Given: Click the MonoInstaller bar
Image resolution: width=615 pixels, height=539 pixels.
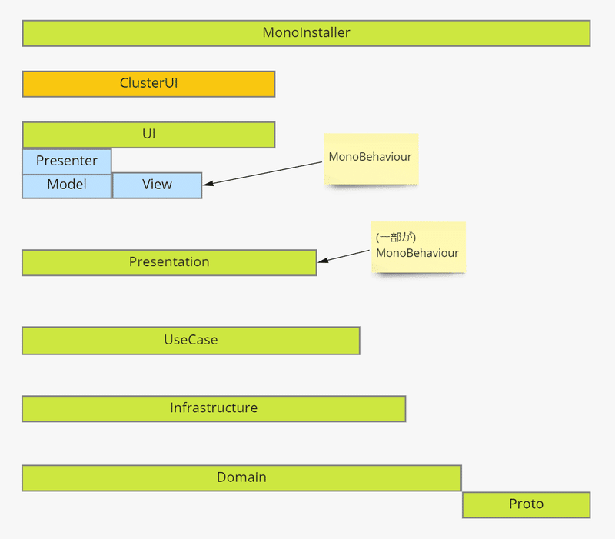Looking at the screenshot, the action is (x=306, y=33).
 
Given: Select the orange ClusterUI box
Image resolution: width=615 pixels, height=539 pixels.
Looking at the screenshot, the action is (x=148, y=84).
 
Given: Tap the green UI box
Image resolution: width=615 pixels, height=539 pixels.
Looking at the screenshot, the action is (x=148, y=135).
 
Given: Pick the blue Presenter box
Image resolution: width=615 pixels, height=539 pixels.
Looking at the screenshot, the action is (x=67, y=161).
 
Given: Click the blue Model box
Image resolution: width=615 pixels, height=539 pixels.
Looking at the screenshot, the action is (x=67, y=186).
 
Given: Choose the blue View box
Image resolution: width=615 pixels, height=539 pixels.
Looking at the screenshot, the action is (x=158, y=185).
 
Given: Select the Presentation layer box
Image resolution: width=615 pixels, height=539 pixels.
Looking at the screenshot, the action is (x=169, y=262).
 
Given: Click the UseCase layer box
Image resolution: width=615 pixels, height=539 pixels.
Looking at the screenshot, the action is (x=191, y=341).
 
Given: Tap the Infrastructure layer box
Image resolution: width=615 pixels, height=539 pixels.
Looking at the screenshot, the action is (x=214, y=409).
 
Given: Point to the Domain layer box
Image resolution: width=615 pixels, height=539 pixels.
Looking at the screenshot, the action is (x=241, y=477).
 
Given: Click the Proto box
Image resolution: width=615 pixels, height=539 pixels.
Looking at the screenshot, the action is (x=527, y=505).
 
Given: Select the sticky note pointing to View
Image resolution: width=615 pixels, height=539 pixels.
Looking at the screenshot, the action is (x=371, y=159).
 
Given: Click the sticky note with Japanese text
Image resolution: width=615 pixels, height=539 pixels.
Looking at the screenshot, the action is (x=418, y=247).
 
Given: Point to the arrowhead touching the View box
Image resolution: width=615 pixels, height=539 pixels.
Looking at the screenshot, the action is (x=208, y=183).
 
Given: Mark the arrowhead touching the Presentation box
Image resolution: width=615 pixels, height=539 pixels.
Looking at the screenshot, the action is (x=323, y=260).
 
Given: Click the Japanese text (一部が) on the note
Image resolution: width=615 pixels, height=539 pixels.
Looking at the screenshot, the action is (x=395, y=237).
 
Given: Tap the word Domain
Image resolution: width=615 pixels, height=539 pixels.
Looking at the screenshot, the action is (x=241, y=477).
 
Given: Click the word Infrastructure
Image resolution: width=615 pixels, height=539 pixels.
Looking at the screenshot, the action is (x=214, y=408).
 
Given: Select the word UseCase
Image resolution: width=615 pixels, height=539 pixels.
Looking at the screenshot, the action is (x=191, y=340).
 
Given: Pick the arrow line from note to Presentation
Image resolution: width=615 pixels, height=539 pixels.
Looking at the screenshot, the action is (x=344, y=256).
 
